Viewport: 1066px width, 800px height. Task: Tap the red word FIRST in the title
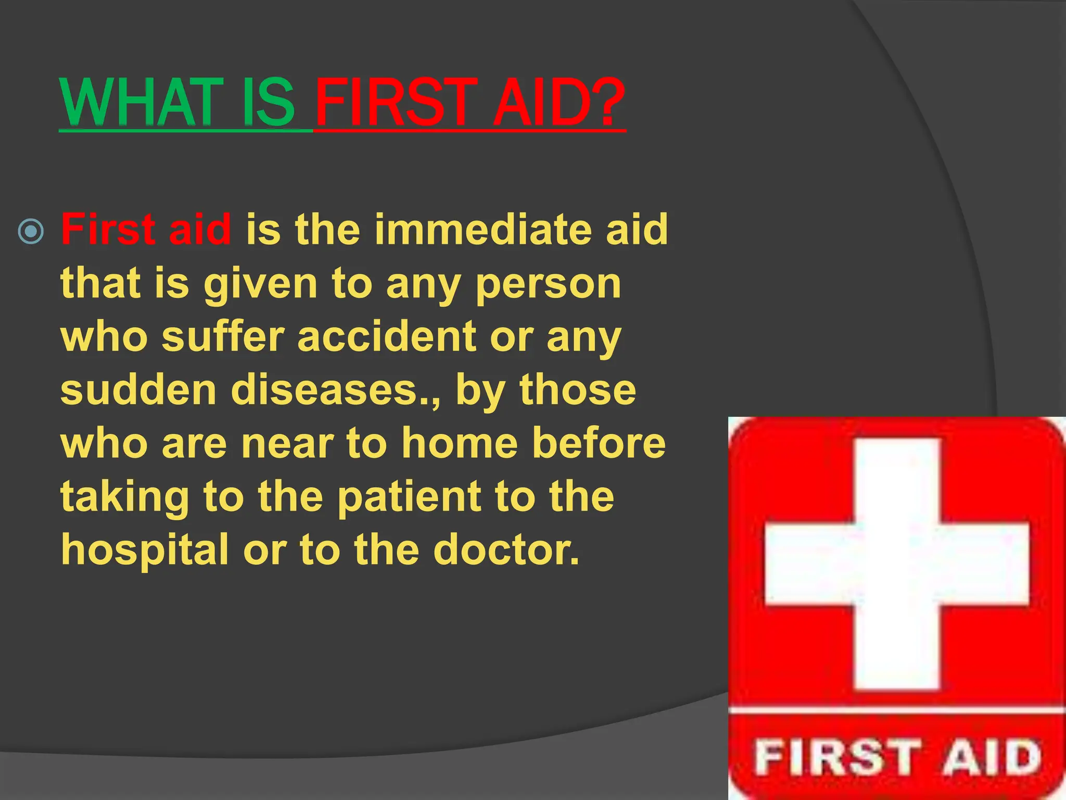pyautogui.click(x=396, y=102)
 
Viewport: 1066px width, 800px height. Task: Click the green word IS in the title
pyautogui.click(x=268, y=102)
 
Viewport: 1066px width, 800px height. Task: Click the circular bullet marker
pyautogui.click(x=31, y=231)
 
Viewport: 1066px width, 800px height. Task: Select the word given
pyautogui.click(x=260, y=285)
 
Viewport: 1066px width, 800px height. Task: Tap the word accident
pyautogui.click(x=387, y=336)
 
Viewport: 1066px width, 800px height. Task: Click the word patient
pyautogui.click(x=409, y=498)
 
